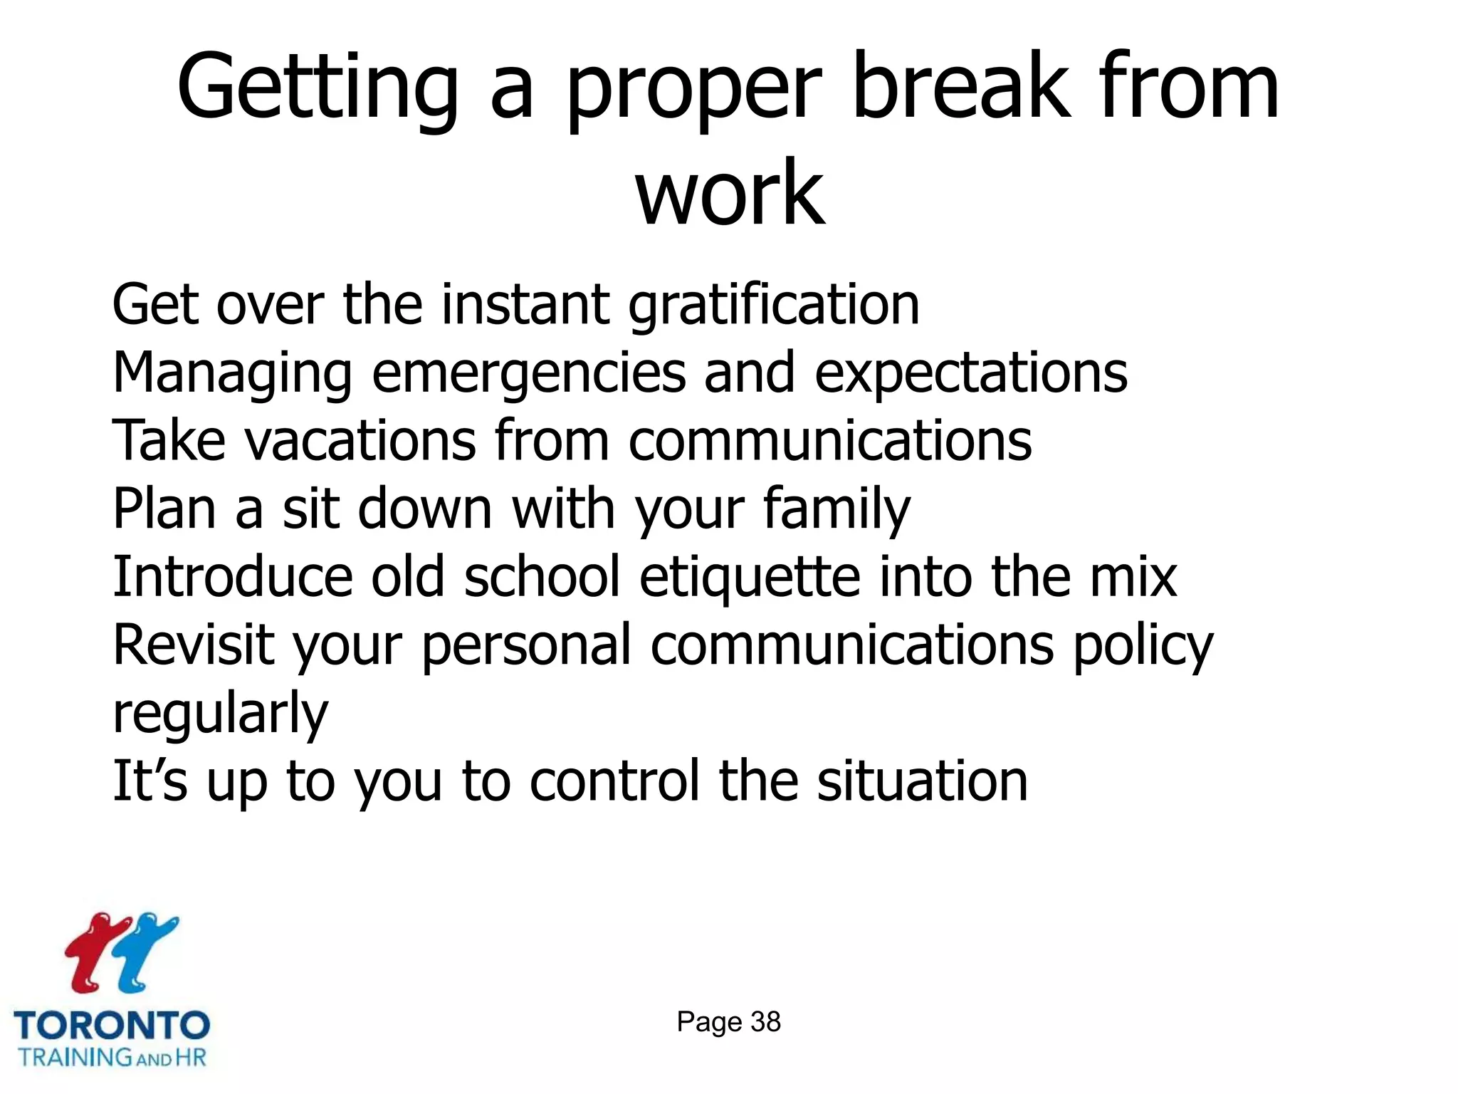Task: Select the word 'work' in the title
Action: pos(730,192)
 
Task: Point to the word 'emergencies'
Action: pos(528,374)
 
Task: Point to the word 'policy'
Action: pos(1143,645)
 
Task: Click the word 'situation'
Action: pos(922,781)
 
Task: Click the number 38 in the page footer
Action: pos(765,1022)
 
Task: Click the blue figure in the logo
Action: pos(146,951)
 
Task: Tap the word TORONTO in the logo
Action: pos(112,1026)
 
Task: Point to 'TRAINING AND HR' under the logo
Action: pos(112,1056)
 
